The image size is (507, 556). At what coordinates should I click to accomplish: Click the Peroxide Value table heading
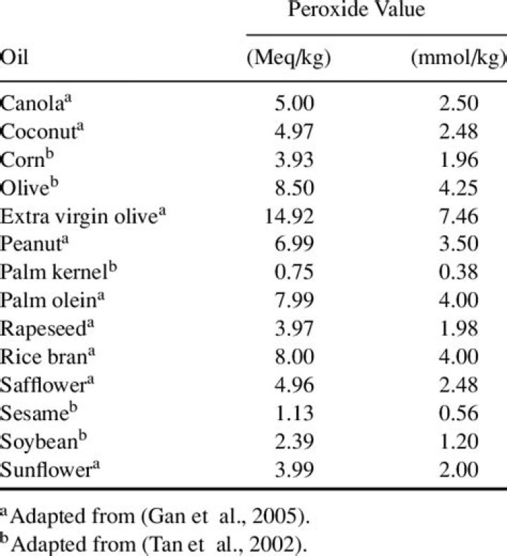tap(356, 9)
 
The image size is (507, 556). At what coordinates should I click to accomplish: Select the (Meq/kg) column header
tap(289, 58)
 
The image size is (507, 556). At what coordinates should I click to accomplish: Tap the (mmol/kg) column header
tap(458, 58)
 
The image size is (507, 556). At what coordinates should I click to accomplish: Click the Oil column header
tap(14, 57)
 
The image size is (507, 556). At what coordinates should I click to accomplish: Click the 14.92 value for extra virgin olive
tap(289, 216)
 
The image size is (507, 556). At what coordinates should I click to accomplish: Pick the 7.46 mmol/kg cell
tap(458, 216)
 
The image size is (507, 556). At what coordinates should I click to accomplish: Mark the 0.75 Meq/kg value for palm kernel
tap(294, 272)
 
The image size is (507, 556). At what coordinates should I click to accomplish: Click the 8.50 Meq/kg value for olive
tap(294, 188)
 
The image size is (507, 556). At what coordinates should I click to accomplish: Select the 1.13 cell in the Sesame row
tap(294, 413)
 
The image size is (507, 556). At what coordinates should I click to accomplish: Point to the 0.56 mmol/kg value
tap(458, 413)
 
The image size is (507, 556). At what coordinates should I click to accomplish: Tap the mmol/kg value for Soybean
tap(458, 441)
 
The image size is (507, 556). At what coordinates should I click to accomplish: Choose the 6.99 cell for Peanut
tap(294, 244)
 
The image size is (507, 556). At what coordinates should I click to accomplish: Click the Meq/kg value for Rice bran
tap(294, 356)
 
